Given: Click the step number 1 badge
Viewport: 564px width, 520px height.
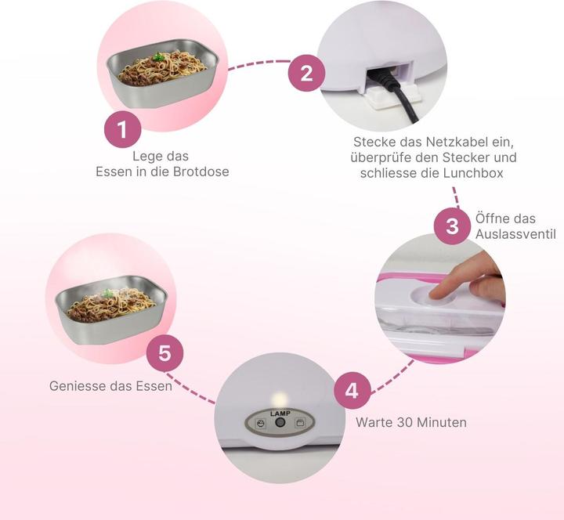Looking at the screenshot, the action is pos(123,129).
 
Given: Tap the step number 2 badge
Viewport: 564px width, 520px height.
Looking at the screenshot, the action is pos(306,73).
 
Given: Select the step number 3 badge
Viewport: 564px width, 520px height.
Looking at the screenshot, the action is pos(452,226).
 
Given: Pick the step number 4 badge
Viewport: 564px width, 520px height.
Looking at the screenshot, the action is pos(352,391).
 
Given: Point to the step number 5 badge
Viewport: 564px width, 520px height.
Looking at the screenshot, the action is pos(164,353).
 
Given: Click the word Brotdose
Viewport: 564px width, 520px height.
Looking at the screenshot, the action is pos(201,172).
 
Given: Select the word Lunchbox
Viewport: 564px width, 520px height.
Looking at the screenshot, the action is pos(473,173).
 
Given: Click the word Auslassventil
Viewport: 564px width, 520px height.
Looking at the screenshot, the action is pos(515,234).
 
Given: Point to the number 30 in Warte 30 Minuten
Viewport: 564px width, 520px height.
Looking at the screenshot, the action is pos(405,422).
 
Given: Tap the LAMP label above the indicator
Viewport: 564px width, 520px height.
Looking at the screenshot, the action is pos(280,413).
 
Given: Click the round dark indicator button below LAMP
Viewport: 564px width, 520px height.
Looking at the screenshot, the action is pos(280,423).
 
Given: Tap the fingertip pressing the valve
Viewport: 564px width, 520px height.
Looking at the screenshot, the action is pos(437,293).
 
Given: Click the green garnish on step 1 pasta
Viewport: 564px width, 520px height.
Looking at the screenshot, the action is pos(157,57).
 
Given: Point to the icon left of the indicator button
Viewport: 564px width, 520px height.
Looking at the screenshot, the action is pos(261,423).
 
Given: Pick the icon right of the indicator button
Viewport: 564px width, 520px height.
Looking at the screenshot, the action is pos(299,423).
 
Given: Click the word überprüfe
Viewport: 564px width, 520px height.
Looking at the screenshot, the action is pos(381,157).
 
